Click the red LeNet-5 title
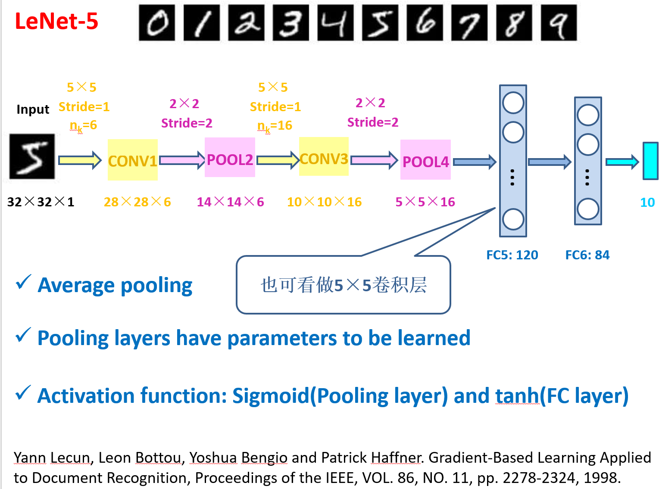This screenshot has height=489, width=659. [56, 21]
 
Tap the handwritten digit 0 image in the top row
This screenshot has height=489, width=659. [157, 23]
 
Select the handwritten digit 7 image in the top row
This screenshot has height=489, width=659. [469, 23]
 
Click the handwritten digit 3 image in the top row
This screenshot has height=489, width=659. [291, 23]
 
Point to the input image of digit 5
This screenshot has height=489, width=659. [32, 156]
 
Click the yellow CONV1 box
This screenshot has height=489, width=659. [132, 160]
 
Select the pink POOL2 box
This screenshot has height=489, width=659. [230, 158]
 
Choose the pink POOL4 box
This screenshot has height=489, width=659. [425, 160]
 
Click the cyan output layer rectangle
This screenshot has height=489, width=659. [650, 161]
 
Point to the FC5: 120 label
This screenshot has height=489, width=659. [512, 255]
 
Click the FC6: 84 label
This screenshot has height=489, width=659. [587, 255]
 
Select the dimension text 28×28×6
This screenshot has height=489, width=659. [137, 202]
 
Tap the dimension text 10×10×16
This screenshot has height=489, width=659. [324, 202]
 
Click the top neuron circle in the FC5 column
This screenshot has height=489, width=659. [513, 103]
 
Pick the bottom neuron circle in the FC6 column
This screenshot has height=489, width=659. [588, 209]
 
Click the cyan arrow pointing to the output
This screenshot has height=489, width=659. [622, 162]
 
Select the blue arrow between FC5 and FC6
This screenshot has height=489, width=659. [550, 162]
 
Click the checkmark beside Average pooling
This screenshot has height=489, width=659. [23, 283]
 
